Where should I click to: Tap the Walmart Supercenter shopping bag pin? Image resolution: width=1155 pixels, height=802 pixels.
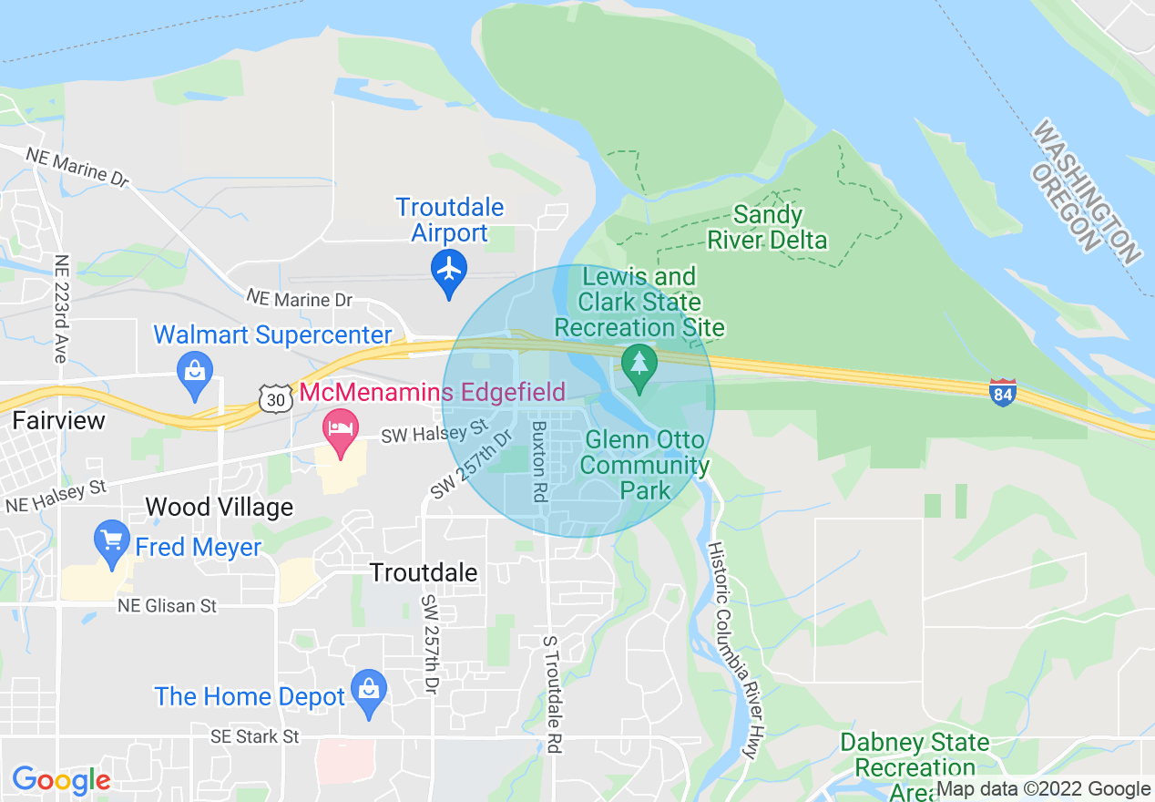click(x=196, y=373)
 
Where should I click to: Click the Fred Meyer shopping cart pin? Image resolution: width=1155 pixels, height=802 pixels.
click(x=113, y=540)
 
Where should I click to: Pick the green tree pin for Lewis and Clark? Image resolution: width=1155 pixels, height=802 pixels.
click(x=639, y=365)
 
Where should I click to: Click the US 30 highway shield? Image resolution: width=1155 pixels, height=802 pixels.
click(x=274, y=396)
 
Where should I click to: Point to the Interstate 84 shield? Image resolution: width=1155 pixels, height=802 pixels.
click(x=1002, y=393)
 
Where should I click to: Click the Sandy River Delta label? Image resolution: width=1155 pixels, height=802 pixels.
click(x=768, y=228)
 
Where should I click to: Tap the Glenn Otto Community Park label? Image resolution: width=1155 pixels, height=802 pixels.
click(x=645, y=465)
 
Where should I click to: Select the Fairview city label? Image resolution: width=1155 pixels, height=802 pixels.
click(x=58, y=421)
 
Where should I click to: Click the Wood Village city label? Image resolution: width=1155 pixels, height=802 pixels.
click(x=220, y=507)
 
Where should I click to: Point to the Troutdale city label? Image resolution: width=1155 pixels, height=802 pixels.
click(x=424, y=572)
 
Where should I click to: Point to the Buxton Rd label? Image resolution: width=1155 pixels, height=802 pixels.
click(x=539, y=461)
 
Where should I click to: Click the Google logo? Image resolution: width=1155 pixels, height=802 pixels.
click(x=61, y=780)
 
